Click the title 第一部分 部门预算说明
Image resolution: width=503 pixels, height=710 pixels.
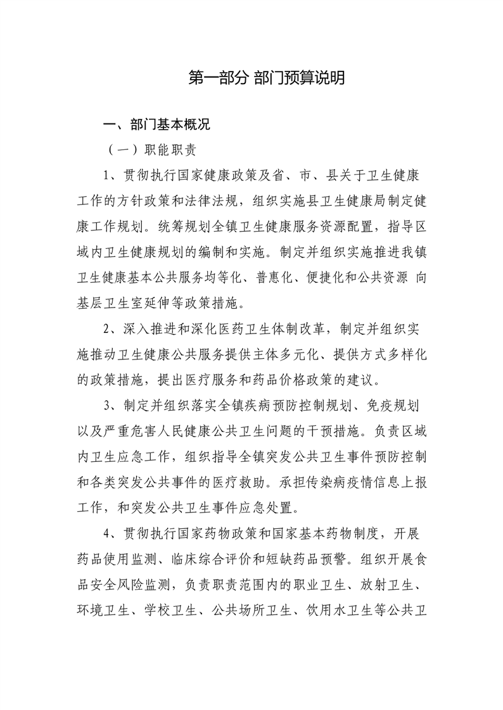(267, 78)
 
